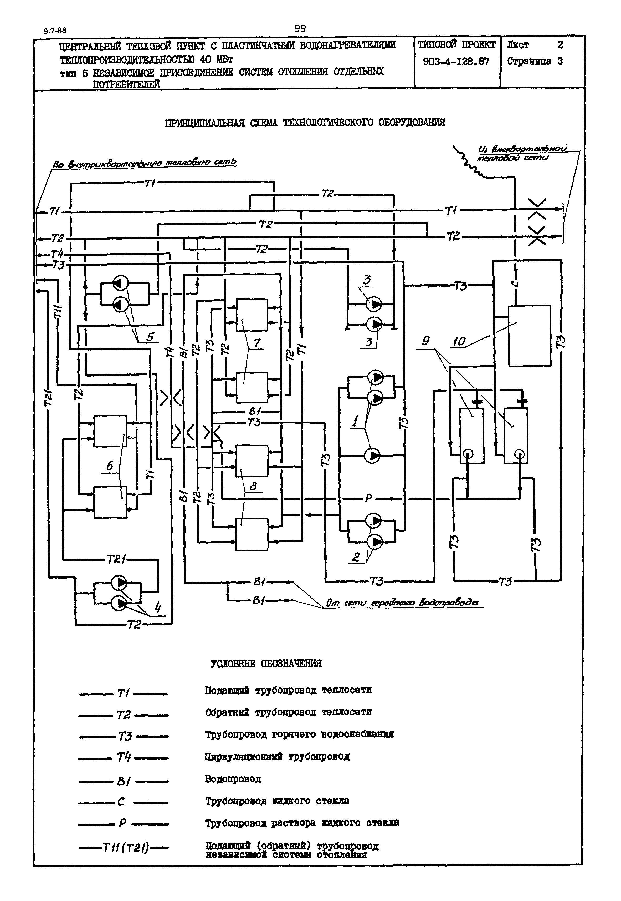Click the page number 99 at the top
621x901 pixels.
click(300, 28)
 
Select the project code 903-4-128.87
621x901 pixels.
click(456, 62)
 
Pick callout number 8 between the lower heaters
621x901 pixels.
click(253, 486)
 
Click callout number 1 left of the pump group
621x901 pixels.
click(355, 421)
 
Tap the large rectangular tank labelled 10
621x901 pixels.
click(529, 336)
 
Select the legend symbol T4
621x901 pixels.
click(124, 757)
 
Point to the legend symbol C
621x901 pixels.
click(121, 801)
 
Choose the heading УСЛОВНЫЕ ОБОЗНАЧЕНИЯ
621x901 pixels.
click(266, 663)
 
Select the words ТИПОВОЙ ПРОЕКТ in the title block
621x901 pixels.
click(456, 45)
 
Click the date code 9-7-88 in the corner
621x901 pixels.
click(55, 31)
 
